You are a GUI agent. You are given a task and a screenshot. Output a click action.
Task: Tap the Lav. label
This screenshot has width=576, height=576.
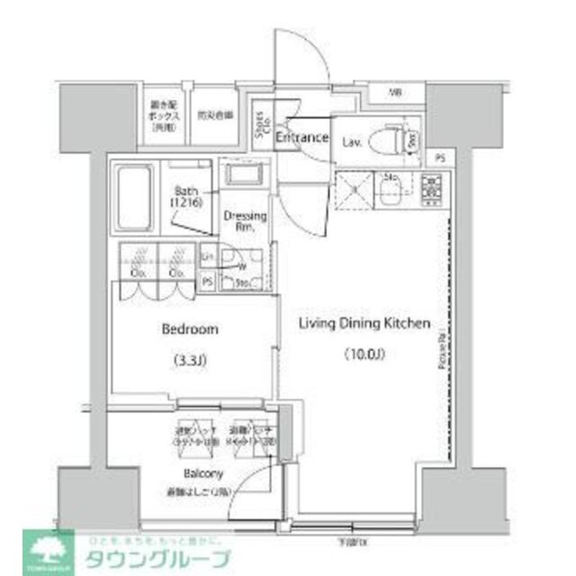tap(353, 140)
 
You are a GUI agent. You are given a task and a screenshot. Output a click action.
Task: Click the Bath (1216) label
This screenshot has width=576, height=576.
tap(188, 196)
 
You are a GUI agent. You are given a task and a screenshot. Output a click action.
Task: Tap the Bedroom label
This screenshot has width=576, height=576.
tap(189, 329)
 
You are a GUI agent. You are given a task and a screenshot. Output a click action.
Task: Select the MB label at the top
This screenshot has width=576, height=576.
tap(395, 93)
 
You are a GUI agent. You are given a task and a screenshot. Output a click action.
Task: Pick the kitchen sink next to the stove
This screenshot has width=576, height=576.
tap(391, 189)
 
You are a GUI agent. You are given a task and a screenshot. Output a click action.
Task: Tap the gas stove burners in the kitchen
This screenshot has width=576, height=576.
tap(430, 188)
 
